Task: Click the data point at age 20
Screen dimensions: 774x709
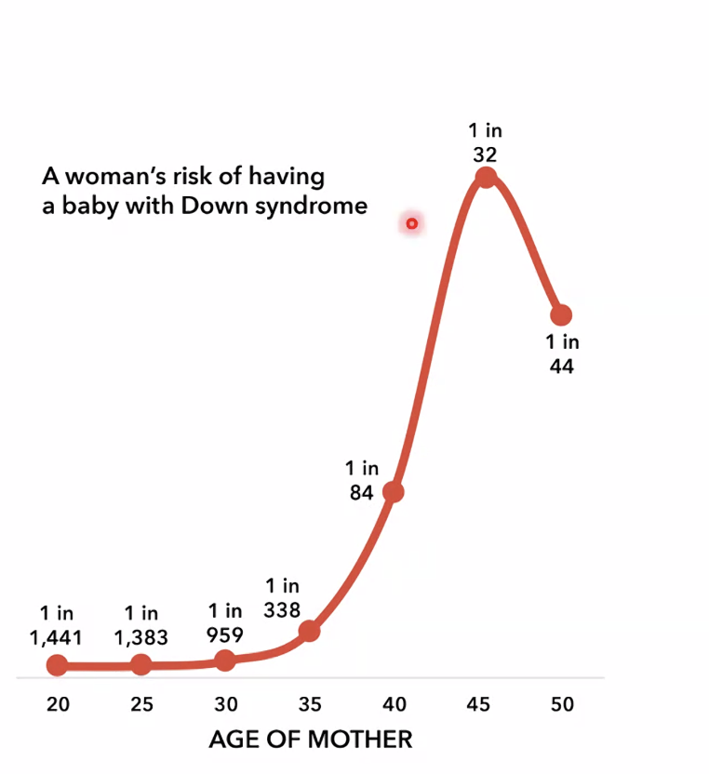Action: coord(58,665)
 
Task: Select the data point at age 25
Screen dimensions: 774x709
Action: coord(141,664)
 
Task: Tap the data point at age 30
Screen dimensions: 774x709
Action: coord(225,660)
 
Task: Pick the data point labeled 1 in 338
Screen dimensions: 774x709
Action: coord(309,631)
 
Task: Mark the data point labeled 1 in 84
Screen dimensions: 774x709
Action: coord(394,491)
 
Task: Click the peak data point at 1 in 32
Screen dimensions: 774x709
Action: coord(485,178)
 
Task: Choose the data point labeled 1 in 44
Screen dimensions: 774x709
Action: coord(561,314)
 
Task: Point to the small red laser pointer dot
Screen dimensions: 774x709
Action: coord(411,223)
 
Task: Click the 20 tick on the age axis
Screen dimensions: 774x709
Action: coord(58,704)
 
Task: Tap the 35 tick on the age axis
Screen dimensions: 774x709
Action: coord(310,704)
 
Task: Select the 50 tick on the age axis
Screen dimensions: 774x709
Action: coord(561,704)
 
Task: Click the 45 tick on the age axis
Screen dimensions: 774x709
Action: coord(477,704)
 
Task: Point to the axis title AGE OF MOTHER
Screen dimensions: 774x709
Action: coord(310,740)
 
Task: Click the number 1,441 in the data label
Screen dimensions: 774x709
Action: coord(57,637)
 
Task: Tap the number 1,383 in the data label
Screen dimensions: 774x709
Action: coord(141,637)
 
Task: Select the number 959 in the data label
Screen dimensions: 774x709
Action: coord(225,635)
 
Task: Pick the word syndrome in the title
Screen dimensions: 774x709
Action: coord(328,207)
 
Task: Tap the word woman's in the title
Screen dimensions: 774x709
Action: coord(99,177)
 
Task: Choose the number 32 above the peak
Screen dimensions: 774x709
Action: coord(485,153)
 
